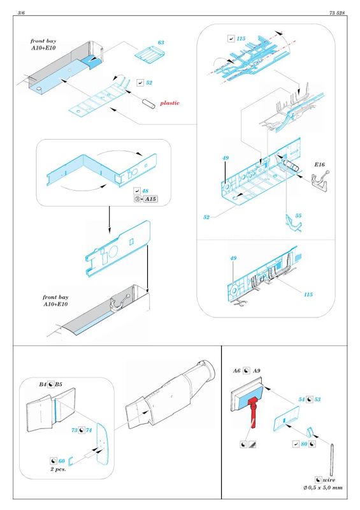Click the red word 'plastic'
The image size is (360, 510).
169,103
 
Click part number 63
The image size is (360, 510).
161,43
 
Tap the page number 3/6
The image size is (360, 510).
21,13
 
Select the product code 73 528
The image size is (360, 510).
337,13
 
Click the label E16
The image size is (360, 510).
319,164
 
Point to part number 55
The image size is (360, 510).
298,215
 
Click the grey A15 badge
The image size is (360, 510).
150,199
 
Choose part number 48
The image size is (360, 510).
145,191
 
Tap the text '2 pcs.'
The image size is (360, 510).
58,469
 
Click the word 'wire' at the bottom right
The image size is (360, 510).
329,480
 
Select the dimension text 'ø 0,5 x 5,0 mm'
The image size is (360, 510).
323,488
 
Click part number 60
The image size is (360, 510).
61,461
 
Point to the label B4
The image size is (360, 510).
43,384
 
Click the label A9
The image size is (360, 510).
257,371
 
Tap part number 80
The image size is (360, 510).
304,444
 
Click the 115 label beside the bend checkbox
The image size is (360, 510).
241,39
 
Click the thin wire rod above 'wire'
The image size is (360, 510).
332,458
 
